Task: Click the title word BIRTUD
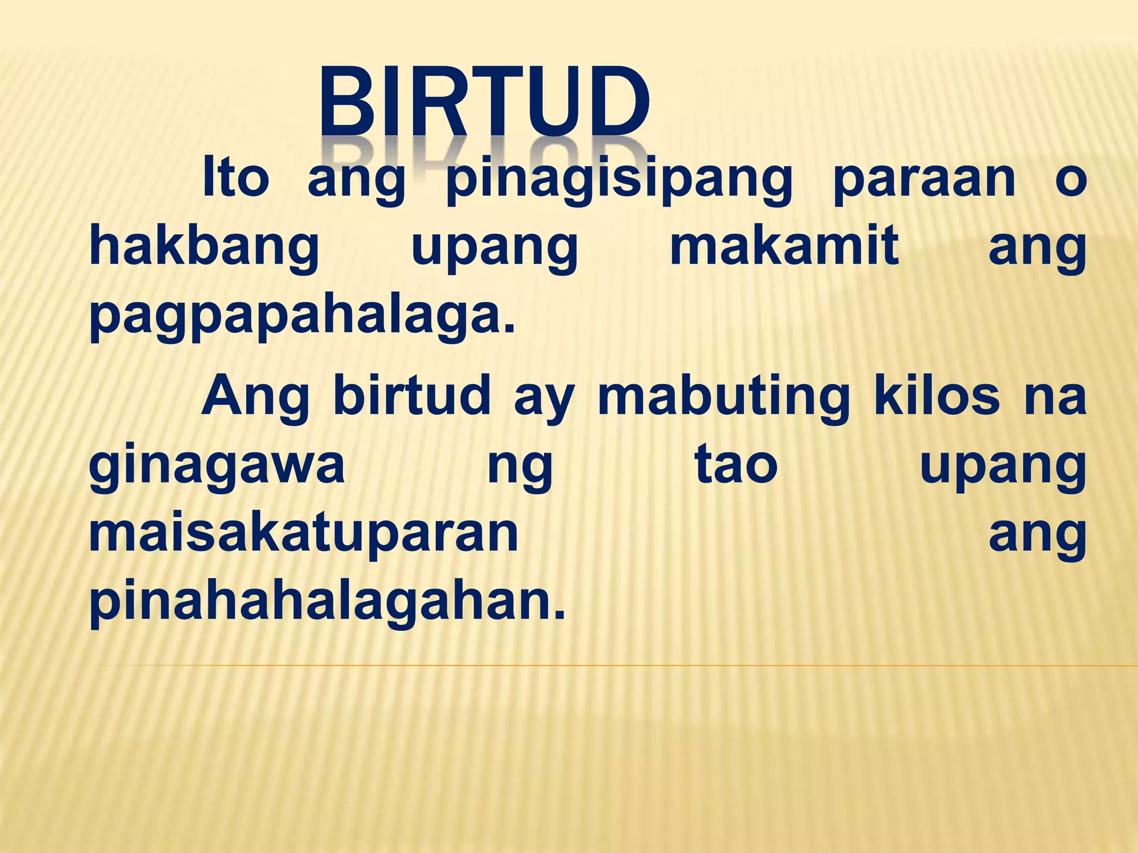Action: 483,103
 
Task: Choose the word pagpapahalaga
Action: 302,317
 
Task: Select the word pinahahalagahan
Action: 327,602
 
